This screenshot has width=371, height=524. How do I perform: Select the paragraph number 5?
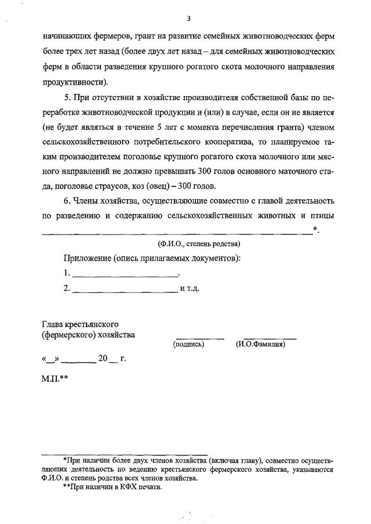tap(67, 96)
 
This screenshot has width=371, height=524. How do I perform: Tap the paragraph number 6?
tap(67, 201)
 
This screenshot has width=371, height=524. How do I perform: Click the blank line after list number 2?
tap(125, 288)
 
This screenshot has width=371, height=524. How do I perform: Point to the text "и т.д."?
tap(190, 288)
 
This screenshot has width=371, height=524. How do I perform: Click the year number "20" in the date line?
tap(103, 358)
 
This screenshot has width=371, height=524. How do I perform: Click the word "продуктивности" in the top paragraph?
tap(74, 81)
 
